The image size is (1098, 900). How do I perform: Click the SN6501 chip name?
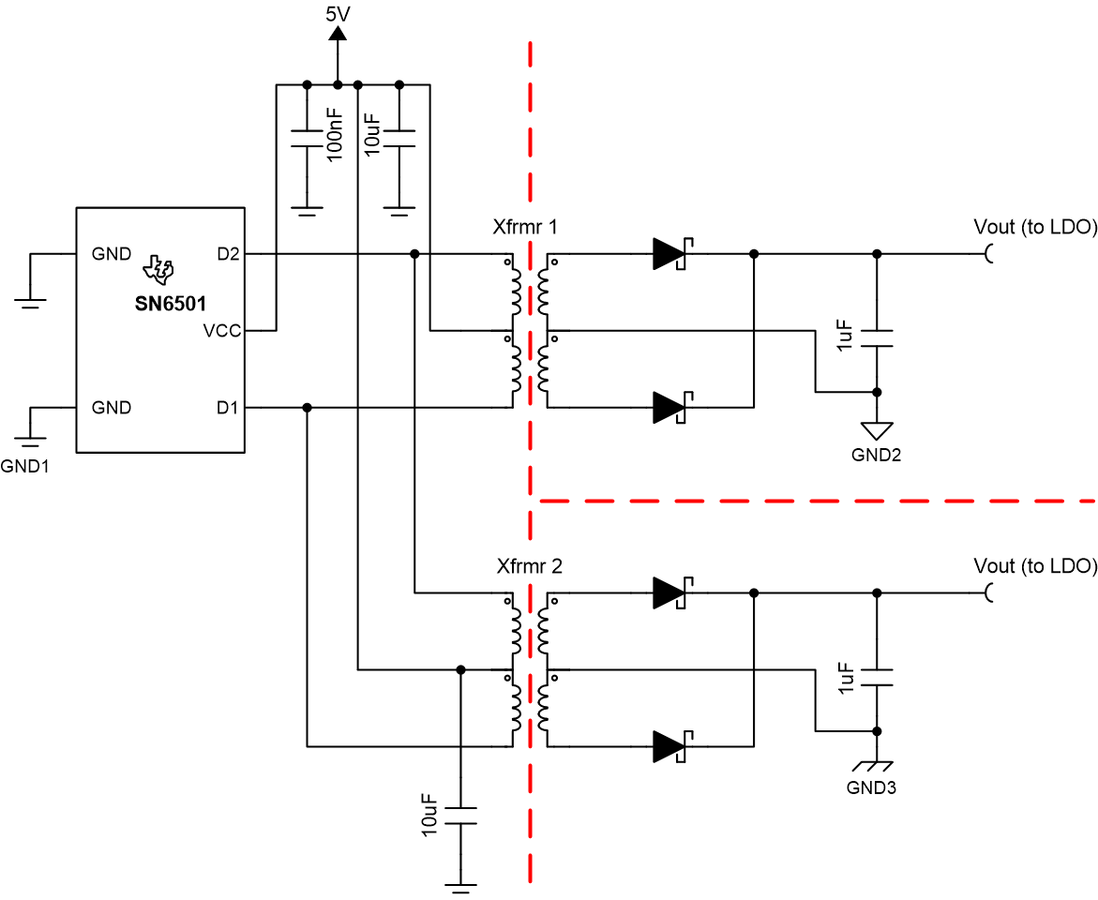(x=170, y=303)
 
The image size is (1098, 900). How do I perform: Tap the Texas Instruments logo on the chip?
(x=158, y=270)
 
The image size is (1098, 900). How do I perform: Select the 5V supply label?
(x=338, y=14)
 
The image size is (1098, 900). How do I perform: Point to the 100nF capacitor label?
(x=335, y=135)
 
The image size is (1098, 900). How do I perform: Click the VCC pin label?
(x=222, y=331)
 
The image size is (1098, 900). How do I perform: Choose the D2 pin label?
(x=228, y=254)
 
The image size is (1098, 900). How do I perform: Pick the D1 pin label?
(x=228, y=408)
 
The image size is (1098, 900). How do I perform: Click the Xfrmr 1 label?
(x=525, y=227)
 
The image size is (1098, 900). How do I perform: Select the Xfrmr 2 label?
(x=530, y=566)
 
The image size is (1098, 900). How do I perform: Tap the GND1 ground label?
(x=24, y=467)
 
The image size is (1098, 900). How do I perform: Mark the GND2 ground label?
(x=876, y=456)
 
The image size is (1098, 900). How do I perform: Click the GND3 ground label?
(x=871, y=787)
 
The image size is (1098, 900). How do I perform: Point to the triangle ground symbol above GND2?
(x=877, y=430)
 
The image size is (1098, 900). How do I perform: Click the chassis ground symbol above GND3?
(x=877, y=766)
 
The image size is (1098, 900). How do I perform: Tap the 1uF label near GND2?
(x=845, y=336)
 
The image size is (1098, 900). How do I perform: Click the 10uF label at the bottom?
(x=429, y=816)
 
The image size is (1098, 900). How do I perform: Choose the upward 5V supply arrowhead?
(x=338, y=33)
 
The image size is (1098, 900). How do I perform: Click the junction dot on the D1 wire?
(x=307, y=408)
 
